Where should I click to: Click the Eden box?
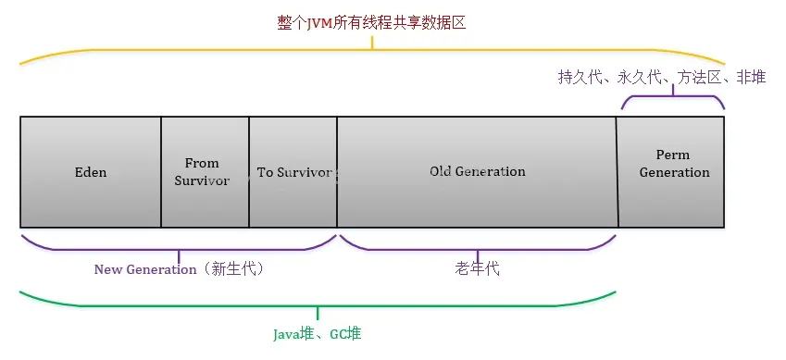[x=91, y=172]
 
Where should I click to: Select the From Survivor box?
[x=205, y=172]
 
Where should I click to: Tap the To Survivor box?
[x=293, y=172]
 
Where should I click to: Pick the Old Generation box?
[x=477, y=172]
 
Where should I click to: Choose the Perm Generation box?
[x=671, y=172]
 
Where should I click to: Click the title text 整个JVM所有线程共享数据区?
[x=371, y=23]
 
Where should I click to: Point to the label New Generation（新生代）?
[x=179, y=269]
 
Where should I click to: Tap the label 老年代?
[x=477, y=269]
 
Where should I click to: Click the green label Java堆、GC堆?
[x=318, y=334]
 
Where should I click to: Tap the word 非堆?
[x=751, y=77]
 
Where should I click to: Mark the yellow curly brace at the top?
[x=372, y=50]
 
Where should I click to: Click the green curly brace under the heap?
[x=318, y=305]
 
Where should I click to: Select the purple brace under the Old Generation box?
[x=478, y=249]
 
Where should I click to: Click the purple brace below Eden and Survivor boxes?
[x=179, y=249]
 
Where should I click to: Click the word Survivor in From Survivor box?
[x=202, y=181]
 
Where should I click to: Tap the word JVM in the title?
[x=320, y=23]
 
